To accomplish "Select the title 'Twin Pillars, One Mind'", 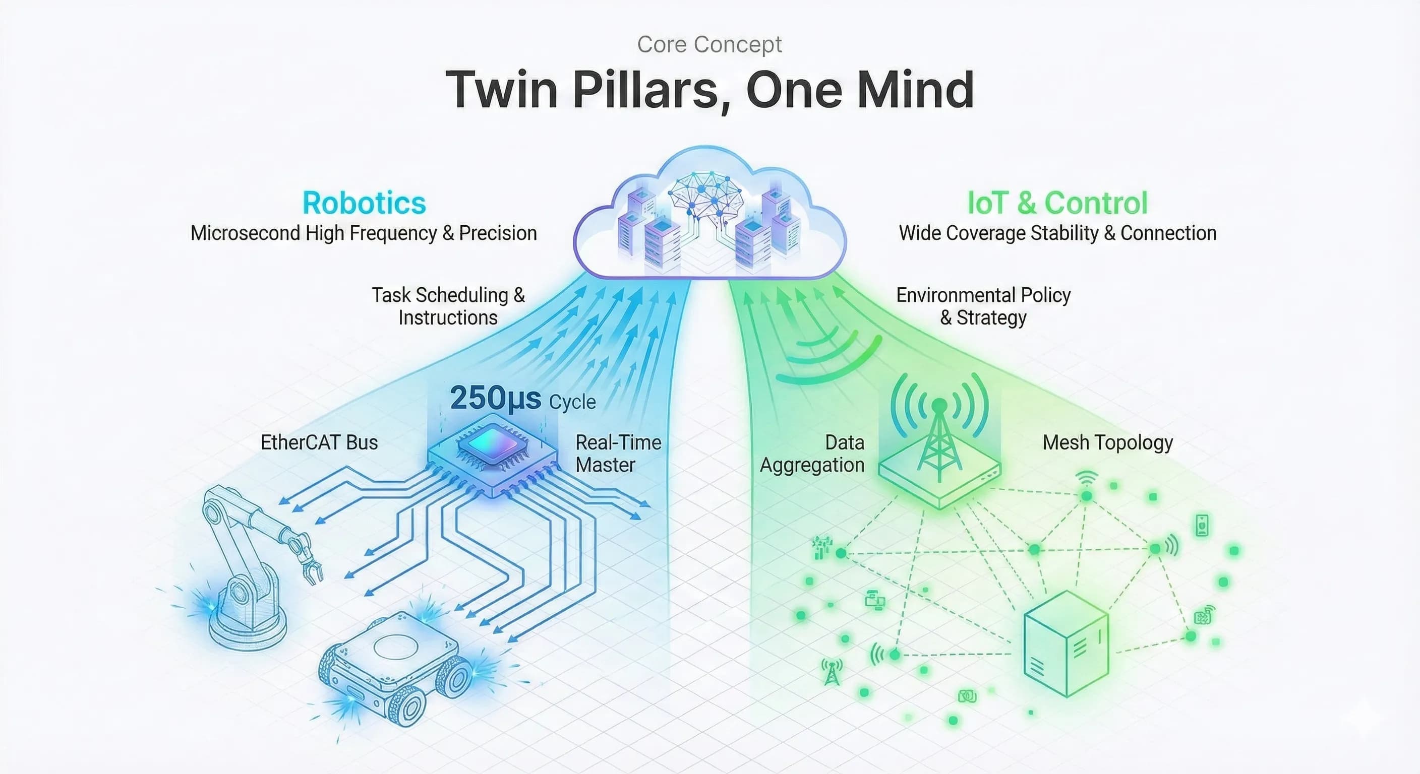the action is [709, 90].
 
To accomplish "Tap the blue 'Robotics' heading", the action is [365, 203].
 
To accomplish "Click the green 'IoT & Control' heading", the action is [1057, 203].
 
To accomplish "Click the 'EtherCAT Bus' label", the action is [319, 442].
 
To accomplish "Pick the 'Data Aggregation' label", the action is [812, 454].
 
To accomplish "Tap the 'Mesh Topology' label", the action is [1107, 443].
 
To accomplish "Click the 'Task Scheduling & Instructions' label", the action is [448, 306].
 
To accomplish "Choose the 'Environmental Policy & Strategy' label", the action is [983, 306].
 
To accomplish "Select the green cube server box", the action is [1066, 644].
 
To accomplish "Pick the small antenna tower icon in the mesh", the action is [832, 672].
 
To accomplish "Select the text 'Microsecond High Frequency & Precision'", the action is [364, 233].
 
